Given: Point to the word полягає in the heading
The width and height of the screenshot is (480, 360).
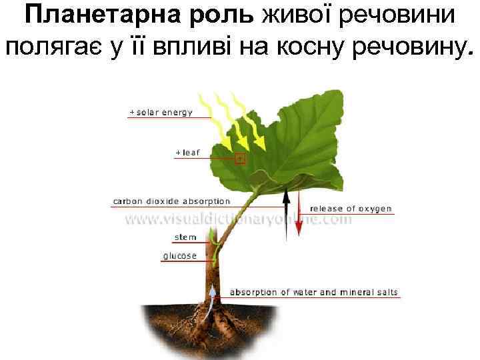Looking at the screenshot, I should (x=53, y=47).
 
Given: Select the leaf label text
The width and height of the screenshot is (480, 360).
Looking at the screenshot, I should (x=187, y=153).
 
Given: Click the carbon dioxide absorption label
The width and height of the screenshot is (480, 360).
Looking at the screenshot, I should (x=171, y=201).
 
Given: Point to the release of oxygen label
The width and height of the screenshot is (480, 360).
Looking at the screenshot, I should (x=351, y=209).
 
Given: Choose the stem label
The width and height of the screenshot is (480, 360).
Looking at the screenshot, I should (x=185, y=237).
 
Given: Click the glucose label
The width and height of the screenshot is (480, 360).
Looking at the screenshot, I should (x=180, y=256).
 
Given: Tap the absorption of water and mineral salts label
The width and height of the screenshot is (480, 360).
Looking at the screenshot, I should (x=313, y=293).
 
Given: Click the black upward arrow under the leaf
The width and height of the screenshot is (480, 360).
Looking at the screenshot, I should (x=286, y=213).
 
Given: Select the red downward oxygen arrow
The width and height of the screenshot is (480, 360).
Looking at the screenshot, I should (x=299, y=213).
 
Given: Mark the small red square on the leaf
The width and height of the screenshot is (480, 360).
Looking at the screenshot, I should (x=241, y=159).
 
